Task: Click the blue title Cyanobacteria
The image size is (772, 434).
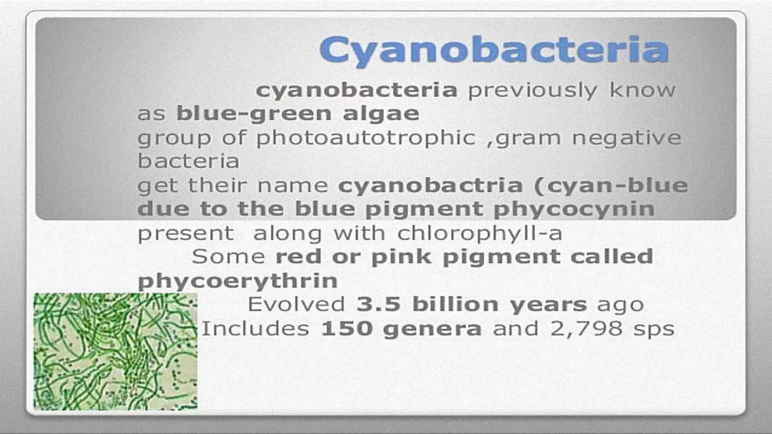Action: click(494, 50)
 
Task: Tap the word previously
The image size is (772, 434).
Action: click(532, 91)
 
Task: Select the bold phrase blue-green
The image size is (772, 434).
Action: click(254, 114)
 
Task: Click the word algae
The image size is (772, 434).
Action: click(381, 114)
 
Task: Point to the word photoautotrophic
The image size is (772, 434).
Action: click(366, 138)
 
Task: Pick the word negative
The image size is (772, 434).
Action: click(626, 138)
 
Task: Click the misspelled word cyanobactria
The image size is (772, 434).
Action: click(430, 186)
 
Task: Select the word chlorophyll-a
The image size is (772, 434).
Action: click(480, 234)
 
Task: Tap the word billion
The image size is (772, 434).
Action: click(455, 304)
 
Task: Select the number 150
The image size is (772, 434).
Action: click(346, 329)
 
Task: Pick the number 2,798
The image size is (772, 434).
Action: click(586, 329)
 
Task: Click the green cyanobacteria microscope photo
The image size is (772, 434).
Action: click(115, 351)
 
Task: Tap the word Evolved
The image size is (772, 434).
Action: click(296, 304)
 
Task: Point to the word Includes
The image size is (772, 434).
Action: click(256, 329)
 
